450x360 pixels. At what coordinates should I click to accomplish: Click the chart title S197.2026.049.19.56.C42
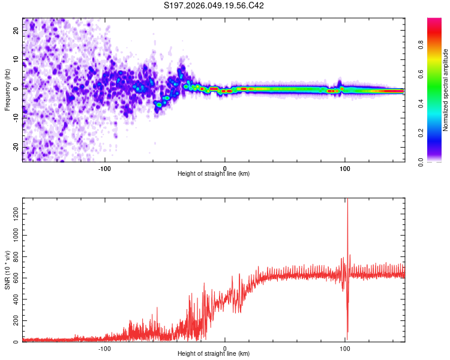point(214,6)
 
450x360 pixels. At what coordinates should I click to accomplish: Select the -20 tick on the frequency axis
point(15,147)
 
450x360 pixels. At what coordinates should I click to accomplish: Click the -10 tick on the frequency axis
point(15,118)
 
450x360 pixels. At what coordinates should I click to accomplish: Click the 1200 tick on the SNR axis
point(13,214)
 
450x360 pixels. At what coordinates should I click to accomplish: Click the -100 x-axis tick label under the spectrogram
point(105,167)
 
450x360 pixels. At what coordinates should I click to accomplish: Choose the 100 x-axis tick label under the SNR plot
point(345,347)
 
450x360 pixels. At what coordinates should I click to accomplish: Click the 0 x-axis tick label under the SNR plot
point(225,347)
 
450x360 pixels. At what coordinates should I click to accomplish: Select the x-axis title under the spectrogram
point(214,174)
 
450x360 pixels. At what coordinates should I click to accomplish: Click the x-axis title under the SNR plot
point(214,354)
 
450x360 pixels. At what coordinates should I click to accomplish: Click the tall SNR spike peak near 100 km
point(347,201)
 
